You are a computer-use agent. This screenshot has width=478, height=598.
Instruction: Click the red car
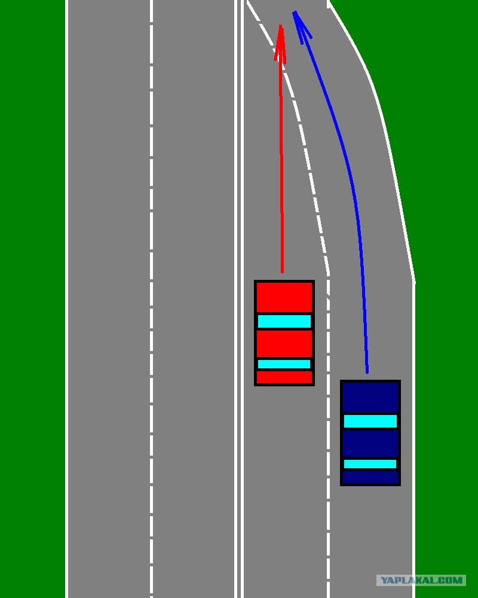pyautogui.click(x=284, y=333)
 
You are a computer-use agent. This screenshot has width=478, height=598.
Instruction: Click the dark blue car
pyautogui.click(x=370, y=432)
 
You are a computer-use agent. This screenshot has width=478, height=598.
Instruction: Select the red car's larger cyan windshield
pyautogui.click(x=284, y=321)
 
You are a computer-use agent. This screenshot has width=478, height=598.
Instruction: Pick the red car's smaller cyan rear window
pyautogui.click(x=284, y=364)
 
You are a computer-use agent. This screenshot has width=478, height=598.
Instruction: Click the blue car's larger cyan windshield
pyautogui.click(x=370, y=421)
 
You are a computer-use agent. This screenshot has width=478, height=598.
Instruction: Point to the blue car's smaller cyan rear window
pyautogui.click(x=370, y=464)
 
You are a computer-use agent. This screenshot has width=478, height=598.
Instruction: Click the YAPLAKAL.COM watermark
pyautogui.click(x=421, y=580)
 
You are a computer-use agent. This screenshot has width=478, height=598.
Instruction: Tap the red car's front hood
pyautogui.click(x=284, y=297)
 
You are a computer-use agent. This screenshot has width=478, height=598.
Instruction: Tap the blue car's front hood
pyautogui.click(x=370, y=397)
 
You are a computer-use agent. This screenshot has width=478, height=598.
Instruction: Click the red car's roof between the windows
pyautogui.click(x=284, y=344)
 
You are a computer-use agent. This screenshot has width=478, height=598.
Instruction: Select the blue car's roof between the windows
pyautogui.click(x=370, y=444)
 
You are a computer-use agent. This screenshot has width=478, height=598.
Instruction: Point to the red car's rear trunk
pyautogui.click(x=284, y=377)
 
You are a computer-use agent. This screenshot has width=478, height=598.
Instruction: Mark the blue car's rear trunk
pyautogui.click(x=370, y=477)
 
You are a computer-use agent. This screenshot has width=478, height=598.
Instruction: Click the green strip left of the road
pyautogui.click(x=32, y=299)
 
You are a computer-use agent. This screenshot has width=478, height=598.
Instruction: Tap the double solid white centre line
pyautogui.click(x=238, y=299)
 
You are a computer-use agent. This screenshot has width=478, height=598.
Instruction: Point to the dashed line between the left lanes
pyautogui.click(x=151, y=299)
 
